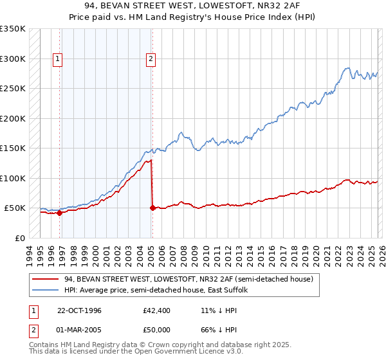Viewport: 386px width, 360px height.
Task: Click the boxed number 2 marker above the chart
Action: [151, 59]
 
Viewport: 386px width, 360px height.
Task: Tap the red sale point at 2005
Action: [152, 208]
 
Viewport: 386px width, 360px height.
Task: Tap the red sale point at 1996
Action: [59, 213]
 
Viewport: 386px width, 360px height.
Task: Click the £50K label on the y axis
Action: [15, 208]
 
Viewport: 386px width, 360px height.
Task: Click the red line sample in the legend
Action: [46, 279]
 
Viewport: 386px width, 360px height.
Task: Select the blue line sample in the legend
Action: [46, 291]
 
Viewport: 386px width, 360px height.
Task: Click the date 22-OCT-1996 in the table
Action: [79, 310]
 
